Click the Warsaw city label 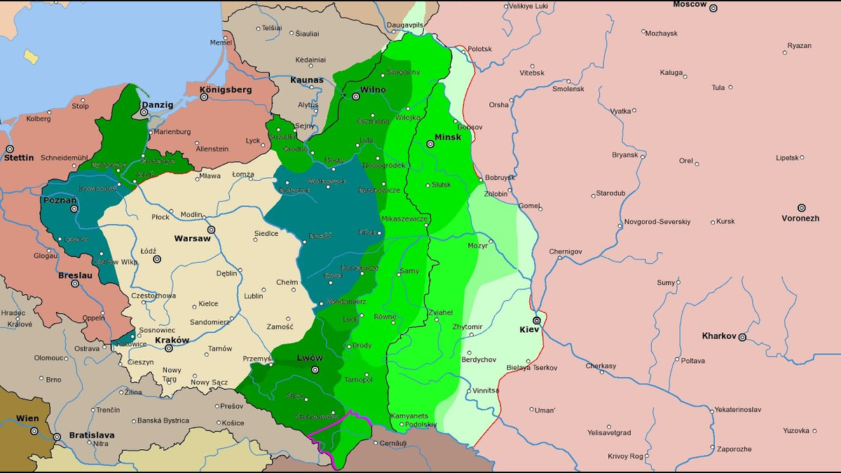(x=192, y=238)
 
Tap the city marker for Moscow (x=713, y=8)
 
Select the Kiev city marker (x=536, y=320)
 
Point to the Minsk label (x=448, y=137)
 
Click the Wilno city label (x=373, y=90)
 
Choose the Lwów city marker (x=315, y=369)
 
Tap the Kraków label (x=172, y=340)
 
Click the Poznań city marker (x=74, y=208)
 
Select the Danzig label (x=157, y=104)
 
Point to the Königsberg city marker (x=205, y=97)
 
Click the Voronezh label (x=800, y=218)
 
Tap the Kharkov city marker (x=742, y=337)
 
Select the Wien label (x=27, y=418)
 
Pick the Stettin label (x=19, y=158)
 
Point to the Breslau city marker (x=75, y=283)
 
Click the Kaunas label (x=307, y=80)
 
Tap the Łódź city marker (x=157, y=259)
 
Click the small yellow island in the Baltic (x=30, y=56)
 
